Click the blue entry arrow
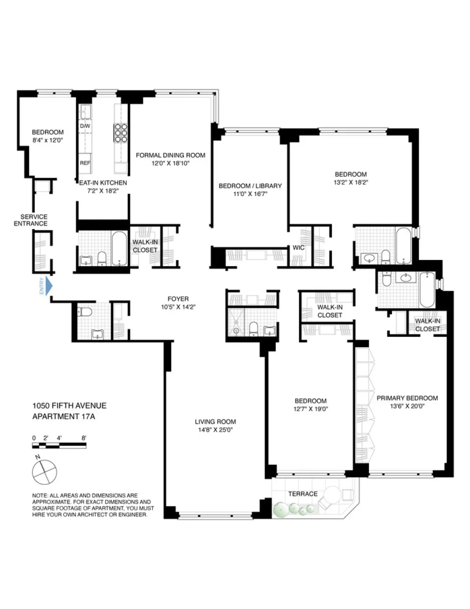point(49,286)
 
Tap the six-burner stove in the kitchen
point(121,133)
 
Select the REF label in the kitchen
point(85,163)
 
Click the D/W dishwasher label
point(85,126)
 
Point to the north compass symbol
point(45,472)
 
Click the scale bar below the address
point(59,445)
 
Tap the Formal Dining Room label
point(171,155)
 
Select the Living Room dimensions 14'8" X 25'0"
point(215,430)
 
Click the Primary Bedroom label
point(407,398)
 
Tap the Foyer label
point(178,299)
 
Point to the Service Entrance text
point(31,220)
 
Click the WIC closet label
point(298,247)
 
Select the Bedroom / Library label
point(250,186)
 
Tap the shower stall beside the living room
point(236,322)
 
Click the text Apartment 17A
point(63,417)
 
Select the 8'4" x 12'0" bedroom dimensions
point(47,140)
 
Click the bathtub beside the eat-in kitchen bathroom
point(119,248)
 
